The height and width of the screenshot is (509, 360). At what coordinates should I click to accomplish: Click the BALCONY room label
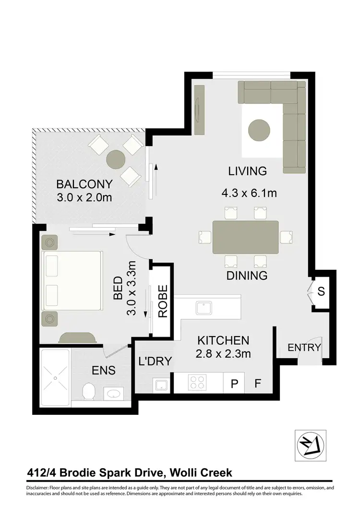(84, 184)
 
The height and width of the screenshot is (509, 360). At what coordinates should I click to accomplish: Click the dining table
(246, 237)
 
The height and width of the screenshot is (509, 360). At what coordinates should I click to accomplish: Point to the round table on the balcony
(116, 159)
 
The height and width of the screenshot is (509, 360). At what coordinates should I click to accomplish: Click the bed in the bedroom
(72, 281)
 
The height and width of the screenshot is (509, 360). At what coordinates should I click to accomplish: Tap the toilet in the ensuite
(88, 391)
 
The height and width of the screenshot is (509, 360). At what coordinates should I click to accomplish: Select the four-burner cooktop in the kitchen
(197, 383)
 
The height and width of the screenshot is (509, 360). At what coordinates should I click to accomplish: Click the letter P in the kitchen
(235, 384)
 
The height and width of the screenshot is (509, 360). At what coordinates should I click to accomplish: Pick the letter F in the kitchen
(258, 384)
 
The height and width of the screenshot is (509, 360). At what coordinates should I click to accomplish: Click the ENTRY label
(304, 348)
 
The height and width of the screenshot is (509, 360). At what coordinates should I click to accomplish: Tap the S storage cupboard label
(321, 291)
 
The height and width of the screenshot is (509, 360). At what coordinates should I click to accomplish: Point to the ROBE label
(162, 302)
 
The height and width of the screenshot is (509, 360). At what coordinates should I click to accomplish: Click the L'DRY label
(155, 361)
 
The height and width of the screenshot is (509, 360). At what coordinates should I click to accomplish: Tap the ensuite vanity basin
(114, 394)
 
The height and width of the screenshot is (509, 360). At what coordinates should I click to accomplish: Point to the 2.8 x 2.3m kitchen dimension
(224, 355)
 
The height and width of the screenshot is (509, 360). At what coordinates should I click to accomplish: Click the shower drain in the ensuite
(55, 378)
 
